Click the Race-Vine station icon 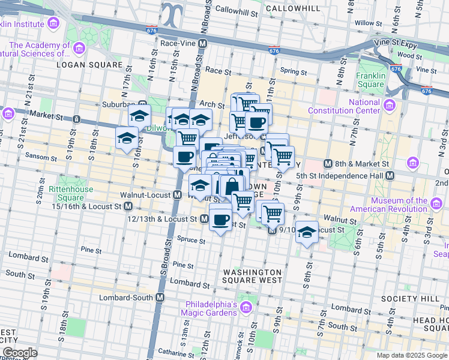click(203, 44)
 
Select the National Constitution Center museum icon click(390, 106)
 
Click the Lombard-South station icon click(160, 297)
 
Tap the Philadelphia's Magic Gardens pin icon click(245, 308)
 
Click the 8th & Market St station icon click(328, 163)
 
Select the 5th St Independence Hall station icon click(390, 175)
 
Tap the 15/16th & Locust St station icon click(128, 206)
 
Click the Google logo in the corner click(19, 352)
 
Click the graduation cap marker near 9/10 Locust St click(306, 233)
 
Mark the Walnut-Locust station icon click(178, 194)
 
